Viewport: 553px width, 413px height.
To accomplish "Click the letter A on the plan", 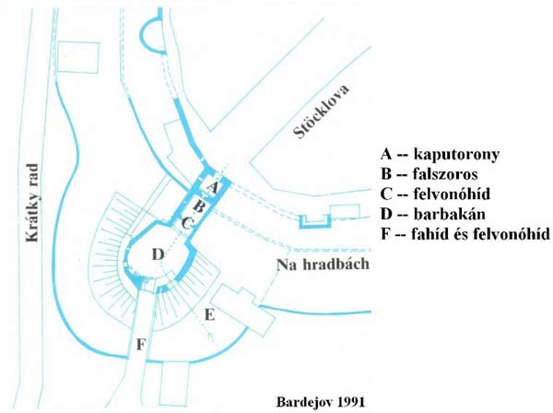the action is pos(212,187).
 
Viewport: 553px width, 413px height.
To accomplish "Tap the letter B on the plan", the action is pos(199,206).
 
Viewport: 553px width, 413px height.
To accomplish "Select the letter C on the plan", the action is pos(187,223).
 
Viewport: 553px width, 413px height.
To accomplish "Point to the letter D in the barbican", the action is pos(159,254).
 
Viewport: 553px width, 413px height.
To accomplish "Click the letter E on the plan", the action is pos(209,315).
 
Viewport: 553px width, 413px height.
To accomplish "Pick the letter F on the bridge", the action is pos(141,344).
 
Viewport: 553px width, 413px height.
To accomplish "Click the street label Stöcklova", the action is pos(322,112).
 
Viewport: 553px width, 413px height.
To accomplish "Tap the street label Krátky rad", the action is pos(32,203).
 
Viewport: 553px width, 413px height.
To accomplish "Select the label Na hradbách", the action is pos(324,265).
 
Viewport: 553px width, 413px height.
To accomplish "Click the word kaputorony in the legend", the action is pos(456,154).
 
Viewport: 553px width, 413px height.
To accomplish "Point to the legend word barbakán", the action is pos(450,214).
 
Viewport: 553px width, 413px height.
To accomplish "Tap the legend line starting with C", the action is pos(436,194).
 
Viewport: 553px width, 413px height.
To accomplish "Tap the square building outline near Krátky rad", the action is pos(78,57).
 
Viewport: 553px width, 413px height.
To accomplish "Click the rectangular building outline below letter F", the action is pos(174,384).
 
